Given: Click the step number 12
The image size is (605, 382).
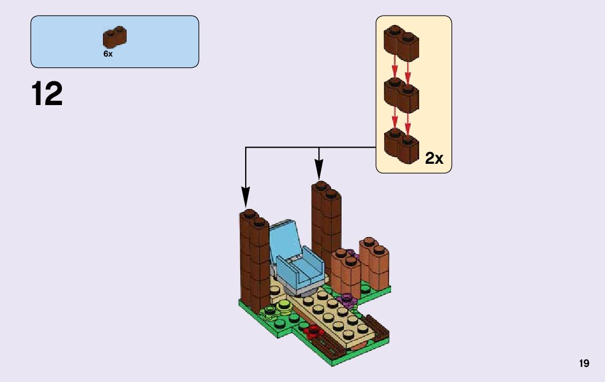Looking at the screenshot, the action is point(47,94).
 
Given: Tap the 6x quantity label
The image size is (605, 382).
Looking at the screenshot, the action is point(108,54).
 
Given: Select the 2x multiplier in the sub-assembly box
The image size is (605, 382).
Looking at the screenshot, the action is point(434,158).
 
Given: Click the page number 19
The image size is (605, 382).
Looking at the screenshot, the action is point(584,364).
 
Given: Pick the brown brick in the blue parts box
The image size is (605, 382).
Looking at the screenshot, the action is point(115,37).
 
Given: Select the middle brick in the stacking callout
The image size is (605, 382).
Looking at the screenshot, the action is point(401,94).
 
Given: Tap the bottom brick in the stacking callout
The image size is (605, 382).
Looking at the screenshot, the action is point(401,145).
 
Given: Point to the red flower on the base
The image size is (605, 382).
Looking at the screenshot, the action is point(312,330).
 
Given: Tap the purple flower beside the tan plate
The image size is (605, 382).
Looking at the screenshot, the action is point(345,299).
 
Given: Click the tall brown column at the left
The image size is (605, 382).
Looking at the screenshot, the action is point(253,259).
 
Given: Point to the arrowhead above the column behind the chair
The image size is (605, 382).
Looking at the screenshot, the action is point(319,171).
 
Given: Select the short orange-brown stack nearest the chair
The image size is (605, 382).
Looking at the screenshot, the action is point(345,272).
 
